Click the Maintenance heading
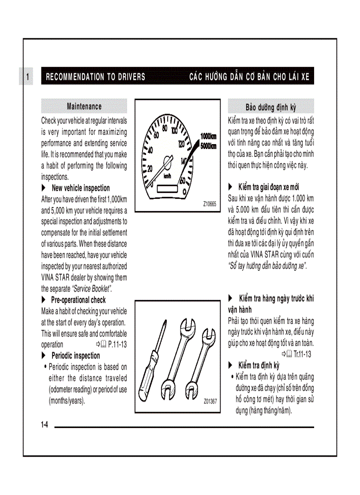(x=84, y=106)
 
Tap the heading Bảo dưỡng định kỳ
(x=270, y=107)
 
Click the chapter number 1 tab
(x=27, y=77)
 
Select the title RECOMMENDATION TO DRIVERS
(x=95, y=77)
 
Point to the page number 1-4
(x=44, y=425)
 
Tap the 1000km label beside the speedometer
(x=208, y=137)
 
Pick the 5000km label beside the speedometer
(x=208, y=146)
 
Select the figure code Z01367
(x=210, y=401)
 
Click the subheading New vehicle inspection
(x=80, y=188)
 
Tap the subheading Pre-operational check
(x=78, y=300)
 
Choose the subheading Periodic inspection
(x=75, y=356)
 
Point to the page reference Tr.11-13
(x=302, y=354)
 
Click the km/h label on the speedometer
(x=168, y=176)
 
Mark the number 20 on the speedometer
(x=150, y=168)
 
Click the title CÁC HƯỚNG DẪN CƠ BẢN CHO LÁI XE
(x=249, y=77)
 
